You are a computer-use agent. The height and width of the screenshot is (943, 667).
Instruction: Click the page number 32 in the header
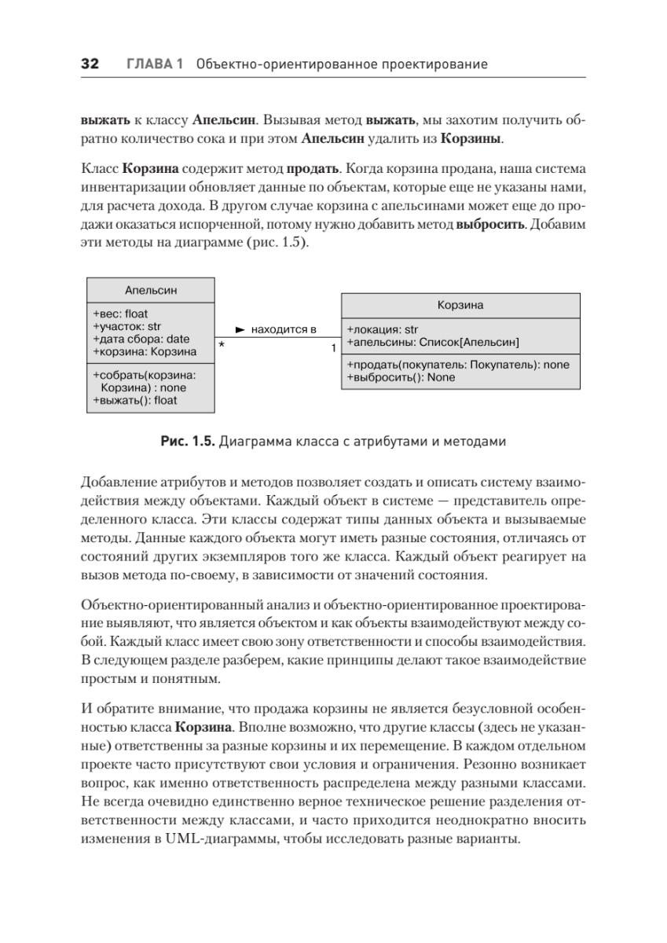click(90, 64)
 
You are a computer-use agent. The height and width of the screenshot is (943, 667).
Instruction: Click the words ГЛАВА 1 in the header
click(155, 64)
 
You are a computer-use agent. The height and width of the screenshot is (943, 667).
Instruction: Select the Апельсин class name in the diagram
click(151, 290)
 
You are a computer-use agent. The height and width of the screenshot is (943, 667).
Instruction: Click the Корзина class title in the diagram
click(460, 305)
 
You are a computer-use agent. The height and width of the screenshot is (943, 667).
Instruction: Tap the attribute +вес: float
click(120, 314)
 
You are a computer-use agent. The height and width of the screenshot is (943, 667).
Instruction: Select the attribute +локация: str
click(383, 330)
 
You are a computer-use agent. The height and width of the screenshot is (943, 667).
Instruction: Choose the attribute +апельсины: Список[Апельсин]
click(433, 343)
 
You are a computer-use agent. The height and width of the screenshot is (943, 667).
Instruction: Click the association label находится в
click(283, 329)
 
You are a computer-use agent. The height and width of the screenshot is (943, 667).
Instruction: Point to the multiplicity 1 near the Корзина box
click(334, 347)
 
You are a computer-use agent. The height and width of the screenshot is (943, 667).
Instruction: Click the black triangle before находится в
click(240, 329)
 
